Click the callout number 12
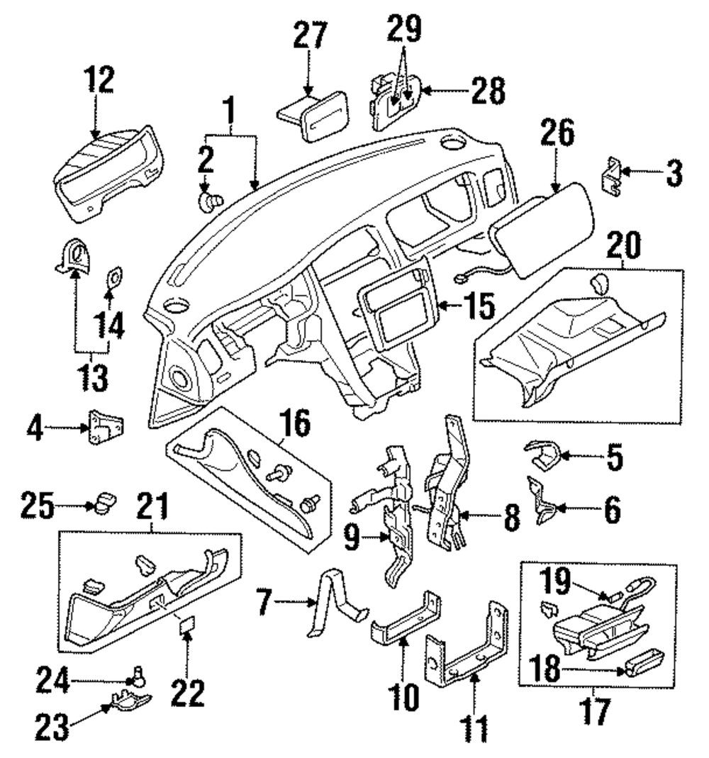[99, 80]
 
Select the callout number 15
[479, 306]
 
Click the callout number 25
[38, 506]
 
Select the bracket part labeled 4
[106, 427]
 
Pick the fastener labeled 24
[139, 676]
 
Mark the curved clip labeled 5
[543, 455]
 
